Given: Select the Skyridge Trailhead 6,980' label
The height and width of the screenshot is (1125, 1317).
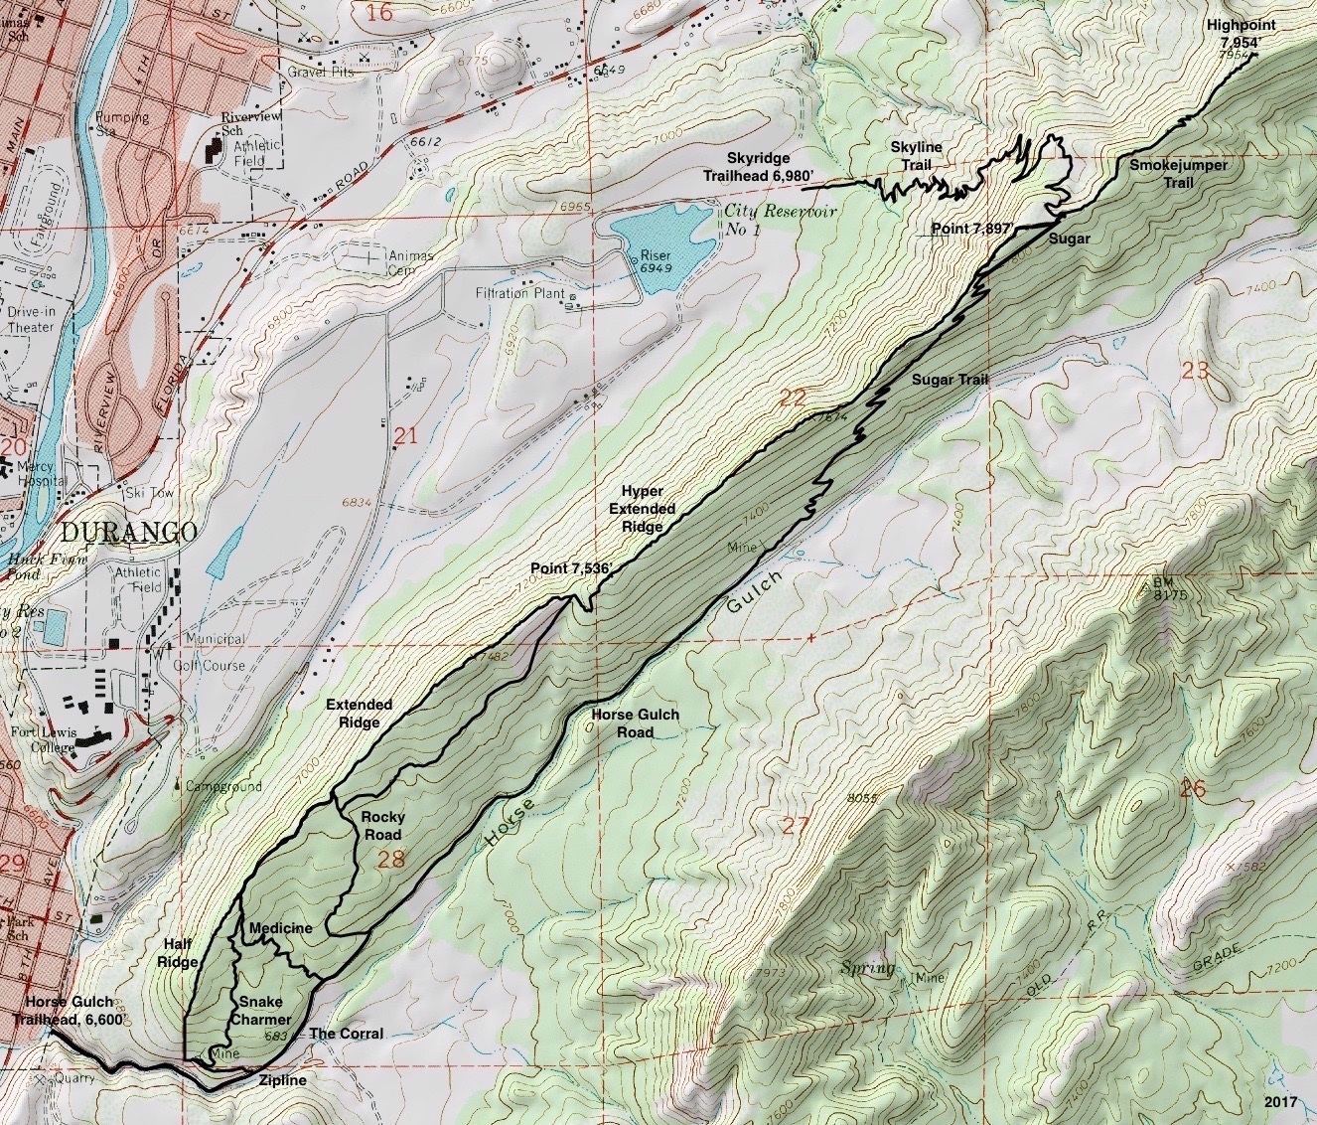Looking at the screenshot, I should (x=773, y=167).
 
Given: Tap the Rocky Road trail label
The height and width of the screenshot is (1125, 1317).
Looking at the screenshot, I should (x=382, y=825).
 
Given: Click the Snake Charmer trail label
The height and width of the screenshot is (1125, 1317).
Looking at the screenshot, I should (x=260, y=1010).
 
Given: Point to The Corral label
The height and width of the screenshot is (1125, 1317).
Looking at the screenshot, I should (x=346, y=1034).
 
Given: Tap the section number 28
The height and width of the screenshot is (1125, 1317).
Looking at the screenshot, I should (x=392, y=859).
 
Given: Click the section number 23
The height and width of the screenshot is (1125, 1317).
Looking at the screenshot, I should (x=1195, y=371).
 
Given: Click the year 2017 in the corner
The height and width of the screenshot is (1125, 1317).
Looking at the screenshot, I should (x=1282, y=1103).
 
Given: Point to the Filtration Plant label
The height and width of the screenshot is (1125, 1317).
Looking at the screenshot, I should (x=519, y=294).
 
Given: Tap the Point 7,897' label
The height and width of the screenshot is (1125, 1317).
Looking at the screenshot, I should (x=970, y=229).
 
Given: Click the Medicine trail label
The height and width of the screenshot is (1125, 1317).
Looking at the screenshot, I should (x=281, y=928).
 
